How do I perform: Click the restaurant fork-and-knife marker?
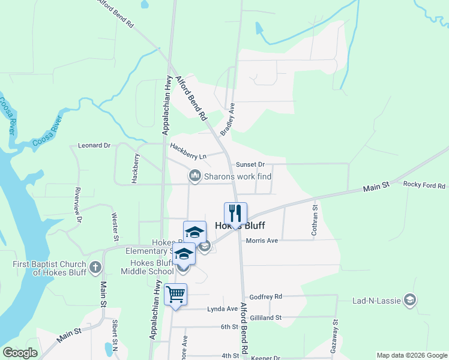pos(236,213)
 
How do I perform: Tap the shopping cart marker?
pos(175,295)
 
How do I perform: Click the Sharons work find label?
pos(238,176)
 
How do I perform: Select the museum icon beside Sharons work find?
pos(194,176)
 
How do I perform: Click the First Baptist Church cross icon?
pos(95,268)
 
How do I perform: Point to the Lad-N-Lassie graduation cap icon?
pos(410,299)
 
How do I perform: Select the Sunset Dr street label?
pos(250,164)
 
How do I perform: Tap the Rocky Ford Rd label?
pos(424,185)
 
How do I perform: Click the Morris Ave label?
pos(262,241)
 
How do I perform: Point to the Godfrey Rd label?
pos(266,296)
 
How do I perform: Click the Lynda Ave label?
pos(223,309)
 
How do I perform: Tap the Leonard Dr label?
pos(95,145)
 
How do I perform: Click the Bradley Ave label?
pos(227,118)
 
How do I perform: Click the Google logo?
pos(20,353)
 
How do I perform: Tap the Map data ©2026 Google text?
pos(412,355)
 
